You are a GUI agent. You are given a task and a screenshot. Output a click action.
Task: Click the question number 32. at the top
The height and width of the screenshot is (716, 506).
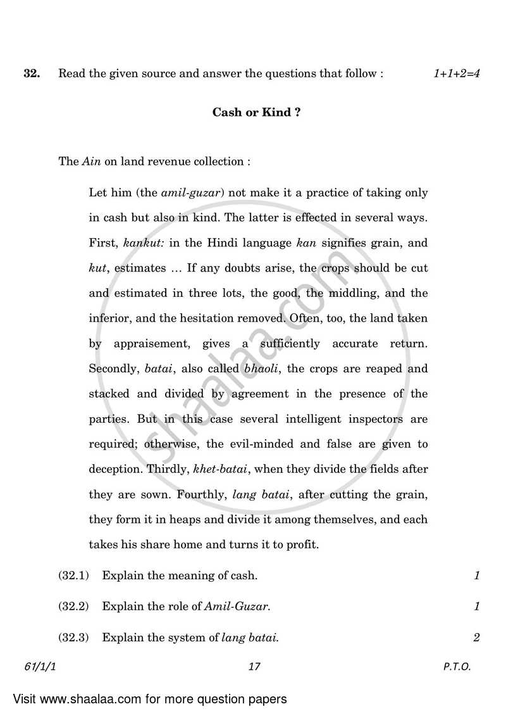(32, 73)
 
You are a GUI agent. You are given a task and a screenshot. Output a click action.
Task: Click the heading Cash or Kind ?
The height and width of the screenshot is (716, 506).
(256, 113)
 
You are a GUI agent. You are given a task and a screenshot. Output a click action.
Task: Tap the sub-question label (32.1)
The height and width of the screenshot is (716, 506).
(74, 575)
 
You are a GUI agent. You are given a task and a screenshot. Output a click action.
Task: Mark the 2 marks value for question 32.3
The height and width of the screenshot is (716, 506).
(476, 637)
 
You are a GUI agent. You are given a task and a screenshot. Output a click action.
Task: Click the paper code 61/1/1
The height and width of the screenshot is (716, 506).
(42, 667)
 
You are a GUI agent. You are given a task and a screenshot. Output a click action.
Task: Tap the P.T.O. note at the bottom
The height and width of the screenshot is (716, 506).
(457, 667)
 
